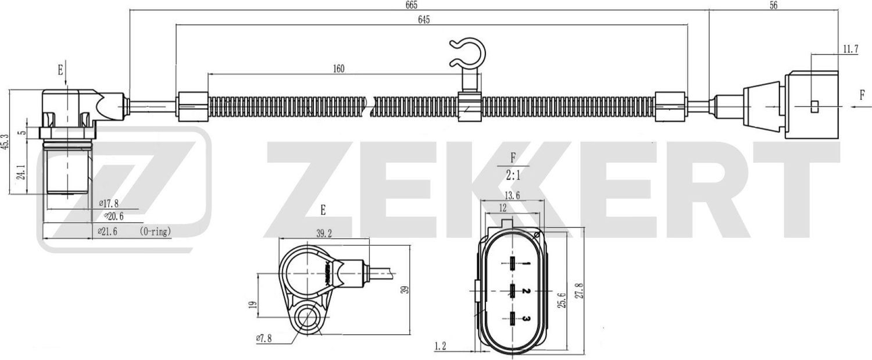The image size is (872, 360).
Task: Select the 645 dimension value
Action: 423,20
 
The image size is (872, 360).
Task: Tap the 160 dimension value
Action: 339,69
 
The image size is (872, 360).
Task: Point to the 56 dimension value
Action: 773,5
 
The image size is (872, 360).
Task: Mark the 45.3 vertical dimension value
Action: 5,141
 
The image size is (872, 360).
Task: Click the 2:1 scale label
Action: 512,173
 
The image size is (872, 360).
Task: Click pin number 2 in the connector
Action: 524,290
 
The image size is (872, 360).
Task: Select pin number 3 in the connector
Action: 524,318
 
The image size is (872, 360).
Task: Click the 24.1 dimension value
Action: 22,172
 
